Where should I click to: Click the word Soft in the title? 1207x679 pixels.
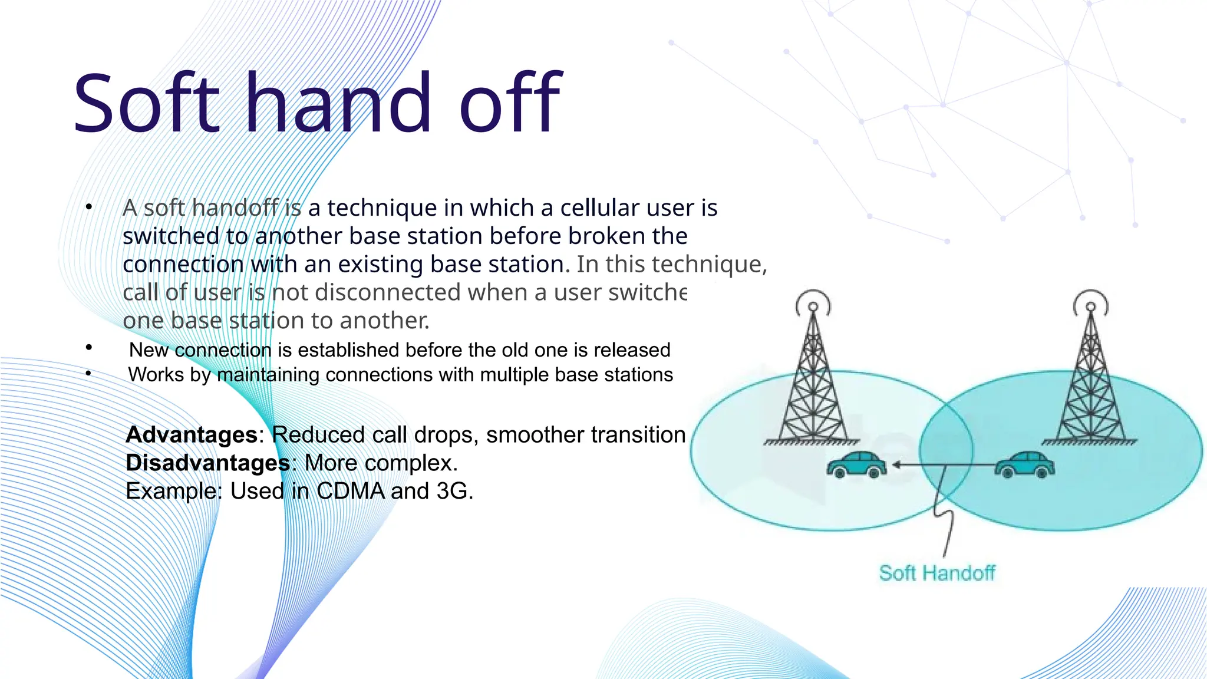(x=146, y=103)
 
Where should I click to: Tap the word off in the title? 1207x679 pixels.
(x=510, y=103)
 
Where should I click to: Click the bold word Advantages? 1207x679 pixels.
(x=192, y=435)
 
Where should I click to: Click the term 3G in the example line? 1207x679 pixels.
(x=452, y=491)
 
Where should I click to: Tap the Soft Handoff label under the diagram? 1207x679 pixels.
(x=937, y=573)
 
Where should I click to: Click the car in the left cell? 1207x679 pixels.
(x=856, y=464)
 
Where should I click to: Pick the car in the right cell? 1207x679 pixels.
(x=1025, y=464)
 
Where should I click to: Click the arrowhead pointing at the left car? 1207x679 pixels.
(x=896, y=465)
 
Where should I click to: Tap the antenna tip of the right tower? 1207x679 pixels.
(x=1091, y=306)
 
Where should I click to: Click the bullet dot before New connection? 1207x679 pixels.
(x=88, y=348)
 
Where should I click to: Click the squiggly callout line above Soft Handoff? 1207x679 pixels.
(x=945, y=519)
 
